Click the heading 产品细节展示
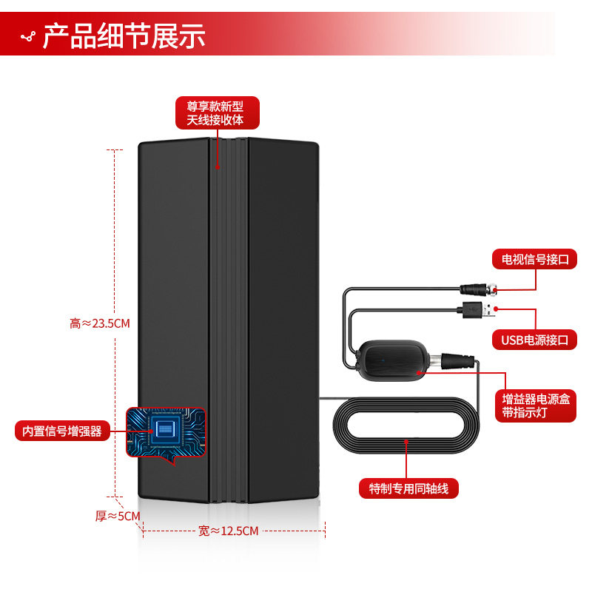tap(124, 36)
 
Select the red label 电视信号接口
tap(534, 259)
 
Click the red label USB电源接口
tap(534, 340)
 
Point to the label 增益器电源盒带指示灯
tap(534, 406)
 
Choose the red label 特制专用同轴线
tap(408, 488)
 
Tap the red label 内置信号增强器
tap(61, 431)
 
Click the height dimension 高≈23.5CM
tap(99, 323)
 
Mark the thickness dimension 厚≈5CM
tap(117, 516)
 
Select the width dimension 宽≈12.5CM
tap(229, 531)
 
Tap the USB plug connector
tap(476, 309)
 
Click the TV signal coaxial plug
tap(479, 288)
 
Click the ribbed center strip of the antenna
tap(229, 318)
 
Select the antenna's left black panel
tap(174, 296)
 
